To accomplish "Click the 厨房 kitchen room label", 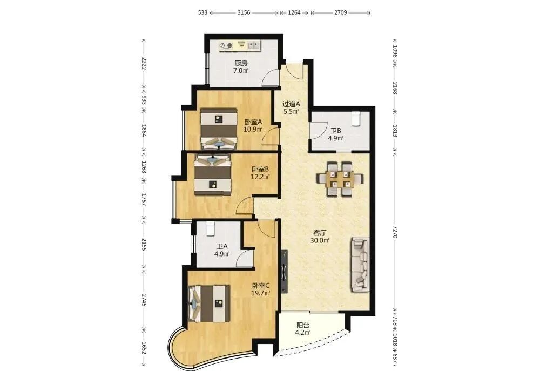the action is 241,63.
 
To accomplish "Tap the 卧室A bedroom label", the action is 253,122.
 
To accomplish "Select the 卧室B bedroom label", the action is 260,170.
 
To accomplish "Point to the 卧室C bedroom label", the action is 261,286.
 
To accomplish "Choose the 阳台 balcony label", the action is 303,325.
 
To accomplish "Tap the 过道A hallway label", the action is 292,104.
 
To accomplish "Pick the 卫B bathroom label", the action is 336,131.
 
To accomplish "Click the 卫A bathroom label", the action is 222,247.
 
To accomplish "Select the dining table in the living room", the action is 340,179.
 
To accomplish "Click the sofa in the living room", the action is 360,265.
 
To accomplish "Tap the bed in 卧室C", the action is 209,303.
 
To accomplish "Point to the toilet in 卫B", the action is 356,118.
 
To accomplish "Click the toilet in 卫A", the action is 210,228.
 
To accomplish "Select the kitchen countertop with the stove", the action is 241,46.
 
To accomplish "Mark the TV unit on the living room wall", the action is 284,272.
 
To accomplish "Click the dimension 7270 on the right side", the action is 395,232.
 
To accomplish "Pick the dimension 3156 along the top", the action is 244,13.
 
